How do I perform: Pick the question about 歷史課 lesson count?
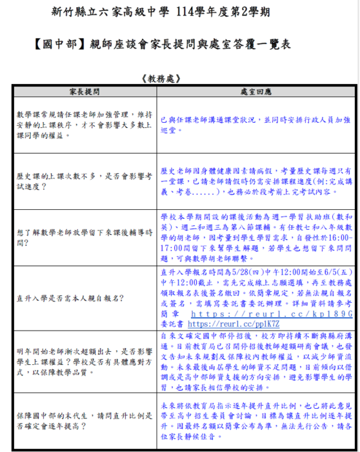[84, 181]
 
